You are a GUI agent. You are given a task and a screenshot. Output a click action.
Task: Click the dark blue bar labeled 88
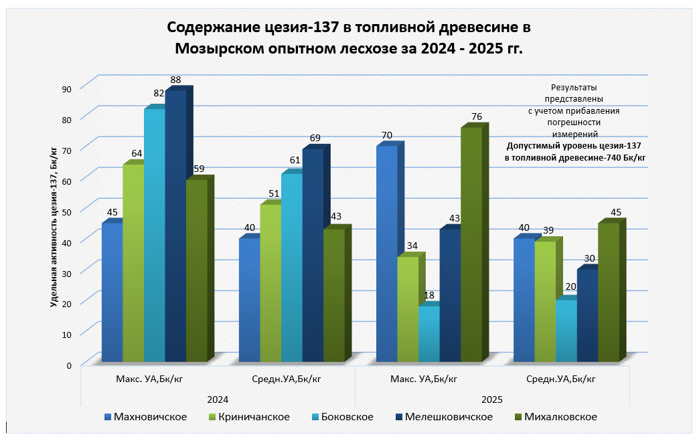click(175, 228)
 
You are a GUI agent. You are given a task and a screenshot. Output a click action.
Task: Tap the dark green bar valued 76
click(471, 244)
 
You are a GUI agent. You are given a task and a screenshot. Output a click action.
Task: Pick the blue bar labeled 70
click(386, 254)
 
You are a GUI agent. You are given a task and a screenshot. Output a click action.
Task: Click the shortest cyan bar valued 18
click(429, 335)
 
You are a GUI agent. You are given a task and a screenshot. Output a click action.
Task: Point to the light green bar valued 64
click(133, 261)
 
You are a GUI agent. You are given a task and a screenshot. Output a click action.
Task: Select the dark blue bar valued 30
click(587, 315)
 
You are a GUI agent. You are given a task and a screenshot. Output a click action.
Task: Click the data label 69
click(315, 139)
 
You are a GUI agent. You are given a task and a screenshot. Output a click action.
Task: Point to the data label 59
click(199, 169)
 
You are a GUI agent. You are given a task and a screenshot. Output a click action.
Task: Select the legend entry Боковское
click(345, 417)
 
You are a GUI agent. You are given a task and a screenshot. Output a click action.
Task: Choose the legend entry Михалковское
click(560, 417)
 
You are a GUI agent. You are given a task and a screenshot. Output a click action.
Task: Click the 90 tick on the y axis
click(66, 88)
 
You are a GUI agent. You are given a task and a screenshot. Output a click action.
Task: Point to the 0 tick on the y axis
click(69, 365)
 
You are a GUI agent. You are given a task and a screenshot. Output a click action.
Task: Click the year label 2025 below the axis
click(492, 400)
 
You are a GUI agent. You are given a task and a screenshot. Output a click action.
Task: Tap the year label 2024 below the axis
click(218, 400)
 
